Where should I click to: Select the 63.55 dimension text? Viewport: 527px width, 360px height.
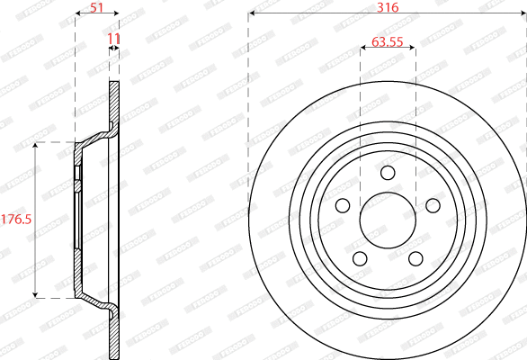387,40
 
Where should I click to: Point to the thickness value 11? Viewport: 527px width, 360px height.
113,38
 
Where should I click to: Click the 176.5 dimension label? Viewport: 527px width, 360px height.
15,219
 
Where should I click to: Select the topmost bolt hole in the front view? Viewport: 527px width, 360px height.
388,173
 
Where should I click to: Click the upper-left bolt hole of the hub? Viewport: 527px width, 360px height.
342,206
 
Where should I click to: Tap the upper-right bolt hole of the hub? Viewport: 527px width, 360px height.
433,206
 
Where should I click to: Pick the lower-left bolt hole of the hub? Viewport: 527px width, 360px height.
360,259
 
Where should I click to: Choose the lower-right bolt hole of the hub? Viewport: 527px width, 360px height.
415,259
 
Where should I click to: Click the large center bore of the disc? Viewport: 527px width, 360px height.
388,220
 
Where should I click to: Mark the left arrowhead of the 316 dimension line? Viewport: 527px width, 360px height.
252,14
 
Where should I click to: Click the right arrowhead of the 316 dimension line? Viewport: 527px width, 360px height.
523,14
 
